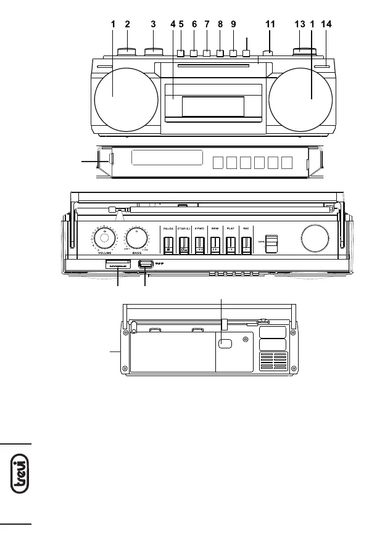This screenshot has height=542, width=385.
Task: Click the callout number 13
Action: click(x=300, y=24)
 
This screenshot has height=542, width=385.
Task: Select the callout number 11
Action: click(x=270, y=24)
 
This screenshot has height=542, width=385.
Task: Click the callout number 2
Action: click(x=127, y=24)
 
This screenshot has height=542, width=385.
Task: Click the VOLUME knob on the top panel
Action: click(x=105, y=239)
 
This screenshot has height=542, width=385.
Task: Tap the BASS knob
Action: click(x=137, y=239)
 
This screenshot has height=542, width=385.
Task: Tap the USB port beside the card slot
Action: click(x=146, y=265)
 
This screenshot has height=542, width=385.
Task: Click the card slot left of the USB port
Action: click(x=117, y=265)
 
